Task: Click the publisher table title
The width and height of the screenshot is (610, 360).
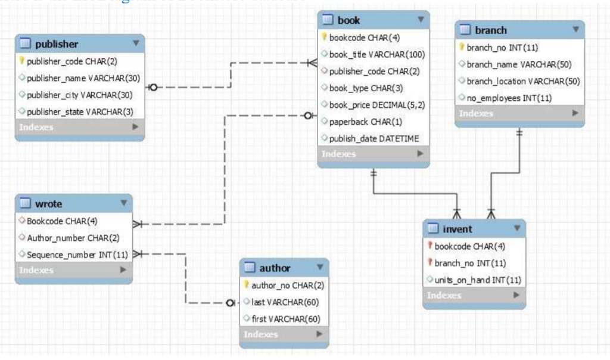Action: [x=57, y=44]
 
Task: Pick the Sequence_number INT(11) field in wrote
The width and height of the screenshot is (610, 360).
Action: [x=77, y=255]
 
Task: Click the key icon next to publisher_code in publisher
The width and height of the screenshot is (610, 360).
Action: [x=22, y=61]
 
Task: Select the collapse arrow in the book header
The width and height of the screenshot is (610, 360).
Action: [x=421, y=20]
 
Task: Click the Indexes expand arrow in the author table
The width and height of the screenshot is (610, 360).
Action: [x=319, y=334]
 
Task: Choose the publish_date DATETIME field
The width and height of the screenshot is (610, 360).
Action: [x=374, y=138]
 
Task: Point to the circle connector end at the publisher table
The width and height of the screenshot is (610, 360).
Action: [x=153, y=88]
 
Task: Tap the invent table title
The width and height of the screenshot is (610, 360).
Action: [x=457, y=229]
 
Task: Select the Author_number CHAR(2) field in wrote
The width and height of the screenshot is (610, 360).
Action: [x=73, y=238]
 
